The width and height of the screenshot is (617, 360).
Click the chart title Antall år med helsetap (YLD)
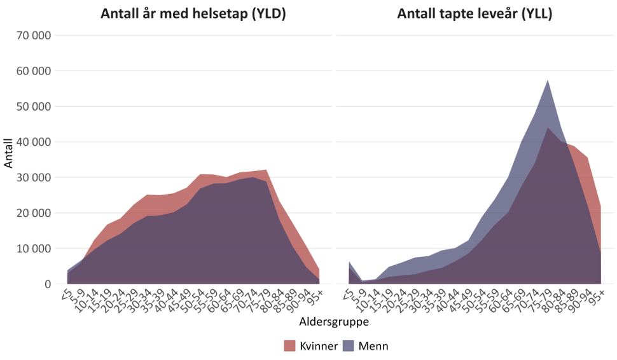pyautogui.click(x=193, y=13)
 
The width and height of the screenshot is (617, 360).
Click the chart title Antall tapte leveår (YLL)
pyautogui.click(x=475, y=13)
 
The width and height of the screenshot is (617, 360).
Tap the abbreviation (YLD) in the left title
pyautogui.click(x=267, y=13)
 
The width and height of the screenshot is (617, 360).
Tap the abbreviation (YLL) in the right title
pyautogui.click(x=537, y=13)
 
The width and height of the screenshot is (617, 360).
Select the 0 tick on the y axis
pyautogui.click(x=46, y=284)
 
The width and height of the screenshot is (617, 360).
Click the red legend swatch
pyautogui.click(x=290, y=345)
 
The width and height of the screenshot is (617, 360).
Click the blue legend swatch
pyautogui.click(x=348, y=345)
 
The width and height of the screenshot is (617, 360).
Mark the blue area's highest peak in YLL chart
pyautogui.click(x=548, y=80)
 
